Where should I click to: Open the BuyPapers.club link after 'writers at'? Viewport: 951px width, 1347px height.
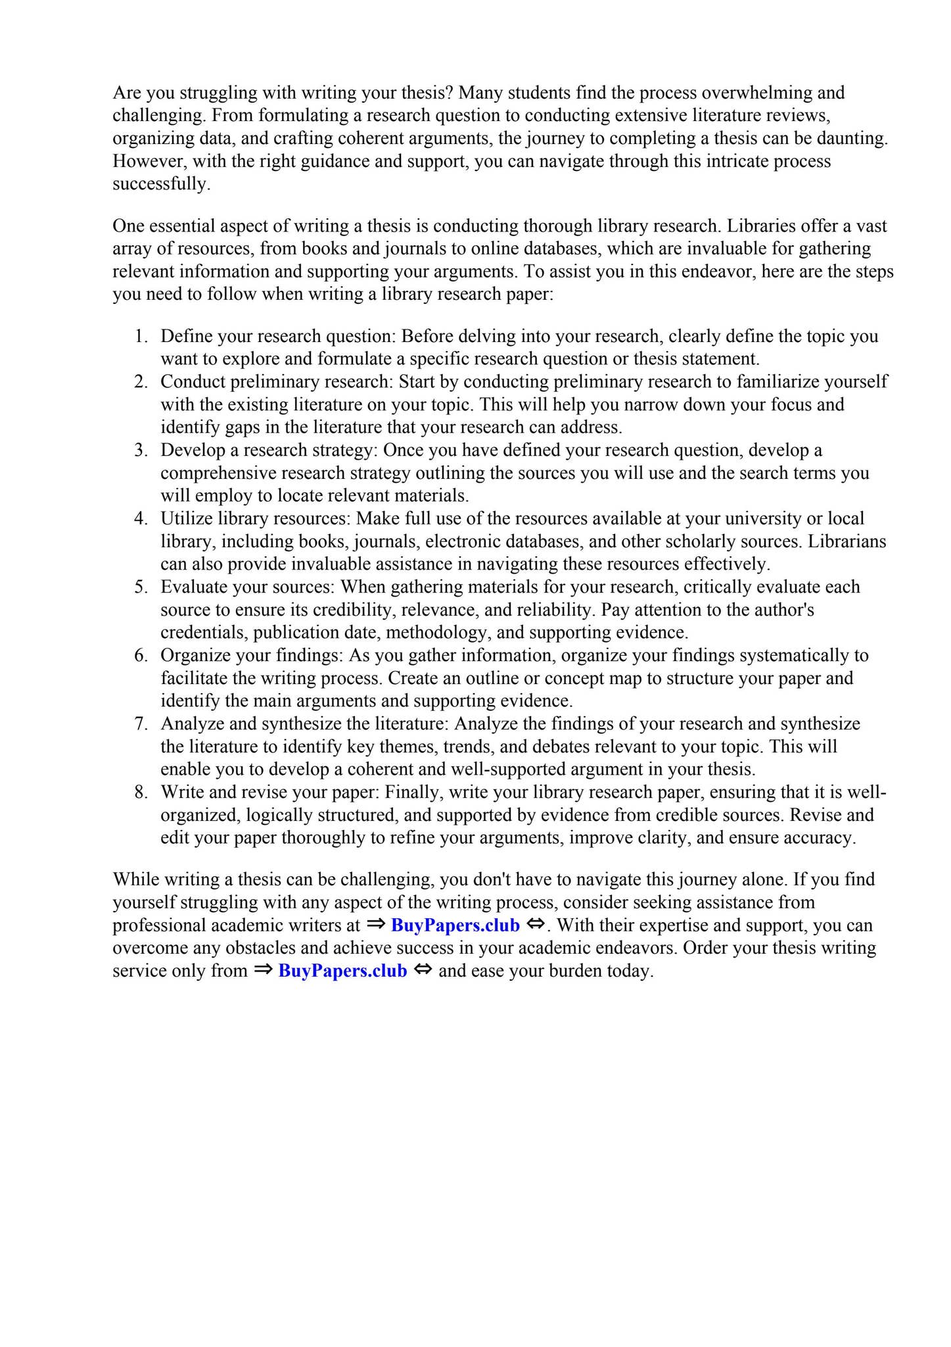click(455, 925)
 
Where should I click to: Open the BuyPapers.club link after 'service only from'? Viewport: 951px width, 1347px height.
click(342, 971)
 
